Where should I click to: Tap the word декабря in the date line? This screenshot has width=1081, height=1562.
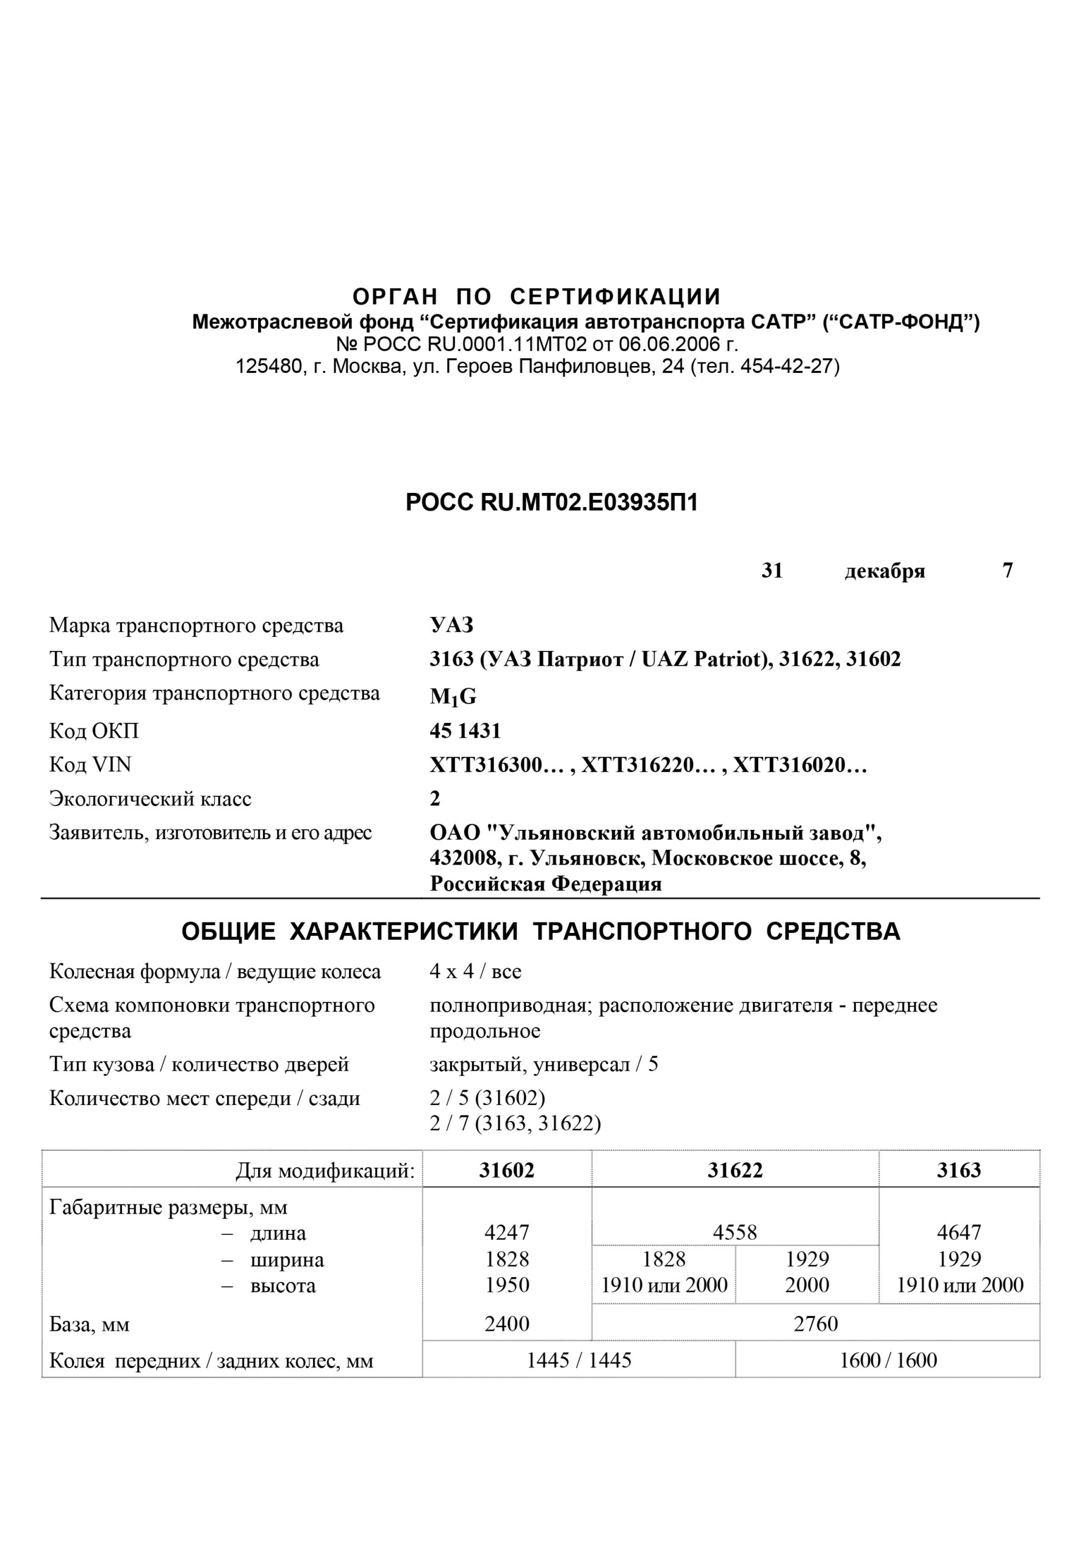coord(884,571)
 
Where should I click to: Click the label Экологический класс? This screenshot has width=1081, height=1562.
coord(149,799)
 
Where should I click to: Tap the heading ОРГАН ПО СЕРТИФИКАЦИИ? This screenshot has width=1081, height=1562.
coord(537,297)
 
